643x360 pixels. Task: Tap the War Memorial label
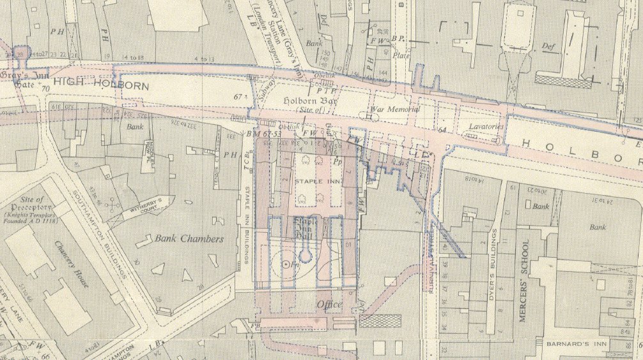point(398,109)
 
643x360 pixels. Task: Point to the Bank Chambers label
point(189,239)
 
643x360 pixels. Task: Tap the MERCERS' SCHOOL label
point(525,281)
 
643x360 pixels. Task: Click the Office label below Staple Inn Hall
point(329,304)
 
